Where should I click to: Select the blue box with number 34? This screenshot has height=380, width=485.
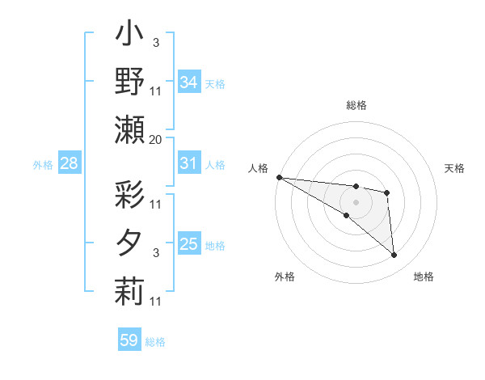[188, 82]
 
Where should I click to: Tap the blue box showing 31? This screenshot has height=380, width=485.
[188, 163]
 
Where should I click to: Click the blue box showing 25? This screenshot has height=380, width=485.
[188, 244]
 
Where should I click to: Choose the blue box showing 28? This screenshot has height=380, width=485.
[69, 164]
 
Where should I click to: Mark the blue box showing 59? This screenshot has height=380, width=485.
[129, 340]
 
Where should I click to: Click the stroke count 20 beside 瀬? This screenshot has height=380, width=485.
[155, 140]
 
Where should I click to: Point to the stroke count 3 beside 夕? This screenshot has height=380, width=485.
[155, 254]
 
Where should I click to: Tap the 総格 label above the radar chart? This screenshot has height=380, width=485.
[356, 106]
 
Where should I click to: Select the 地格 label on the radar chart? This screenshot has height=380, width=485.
[424, 277]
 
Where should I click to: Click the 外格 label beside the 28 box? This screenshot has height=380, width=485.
[43, 165]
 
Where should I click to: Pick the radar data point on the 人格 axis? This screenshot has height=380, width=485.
[279, 177]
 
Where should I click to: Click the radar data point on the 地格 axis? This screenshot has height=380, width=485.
[394, 255]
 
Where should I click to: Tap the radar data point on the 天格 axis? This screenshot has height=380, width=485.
[387, 192]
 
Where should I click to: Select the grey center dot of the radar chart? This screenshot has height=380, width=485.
[356, 201]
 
